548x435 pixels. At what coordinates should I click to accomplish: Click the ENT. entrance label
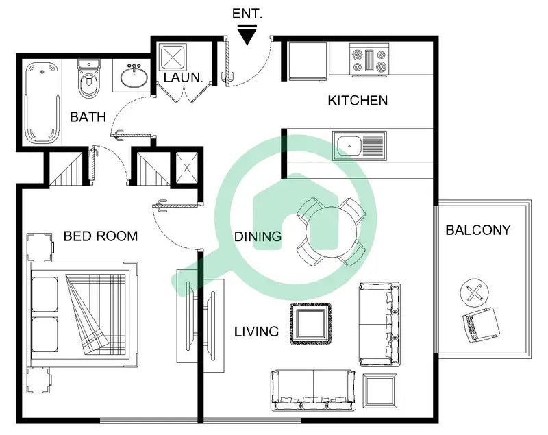point(247,14)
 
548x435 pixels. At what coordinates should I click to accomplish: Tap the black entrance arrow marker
point(247,35)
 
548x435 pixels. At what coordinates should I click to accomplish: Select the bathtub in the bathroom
point(42,103)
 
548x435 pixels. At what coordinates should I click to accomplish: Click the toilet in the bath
point(89,79)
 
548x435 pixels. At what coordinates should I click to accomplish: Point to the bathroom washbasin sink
point(134,76)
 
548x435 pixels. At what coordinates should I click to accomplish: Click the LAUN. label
point(183,77)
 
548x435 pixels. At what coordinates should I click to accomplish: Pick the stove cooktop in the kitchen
point(369,60)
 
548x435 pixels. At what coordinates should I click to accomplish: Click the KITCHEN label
point(358,101)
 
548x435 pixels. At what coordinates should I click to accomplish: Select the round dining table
point(332,232)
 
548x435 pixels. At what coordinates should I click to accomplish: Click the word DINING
point(258,236)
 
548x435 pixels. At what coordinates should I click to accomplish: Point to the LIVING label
point(256,332)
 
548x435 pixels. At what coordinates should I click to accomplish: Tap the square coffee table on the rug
point(311,323)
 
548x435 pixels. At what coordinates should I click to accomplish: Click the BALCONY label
point(478,230)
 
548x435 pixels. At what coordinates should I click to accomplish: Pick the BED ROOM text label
point(101,236)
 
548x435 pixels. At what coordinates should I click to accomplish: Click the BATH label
point(88,116)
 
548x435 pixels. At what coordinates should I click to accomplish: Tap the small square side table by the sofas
point(380,390)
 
